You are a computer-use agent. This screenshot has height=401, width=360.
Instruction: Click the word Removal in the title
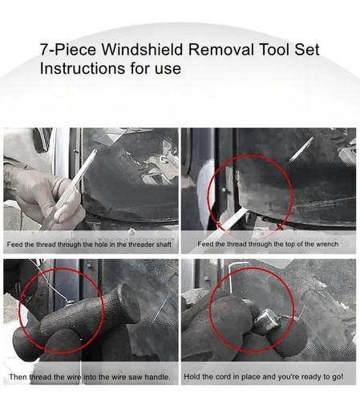pos(227,50)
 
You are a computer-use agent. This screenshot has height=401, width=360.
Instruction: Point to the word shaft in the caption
pos(162,243)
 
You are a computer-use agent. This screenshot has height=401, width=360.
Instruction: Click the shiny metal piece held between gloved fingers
pos(264,322)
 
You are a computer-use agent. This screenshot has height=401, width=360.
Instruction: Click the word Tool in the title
pos(277,50)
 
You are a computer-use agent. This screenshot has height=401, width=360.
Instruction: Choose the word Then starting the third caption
pos(18,376)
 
